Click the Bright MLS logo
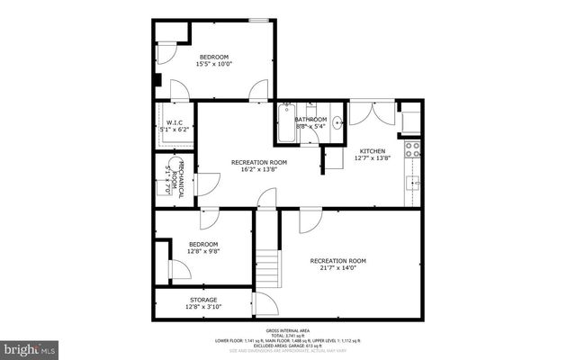(x=30, y=347)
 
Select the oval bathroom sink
(x=337, y=123)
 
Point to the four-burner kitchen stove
(x=413, y=148)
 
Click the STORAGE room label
(x=202, y=300)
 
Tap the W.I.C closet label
(x=174, y=123)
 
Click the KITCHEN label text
(x=373, y=150)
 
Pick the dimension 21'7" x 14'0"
(x=338, y=268)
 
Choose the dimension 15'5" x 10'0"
(x=214, y=64)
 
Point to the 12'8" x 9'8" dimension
(x=202, y=251)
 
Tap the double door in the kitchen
(x=372, y=112)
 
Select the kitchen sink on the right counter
(x=415, y=184)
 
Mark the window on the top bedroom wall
(x=259, y=18)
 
